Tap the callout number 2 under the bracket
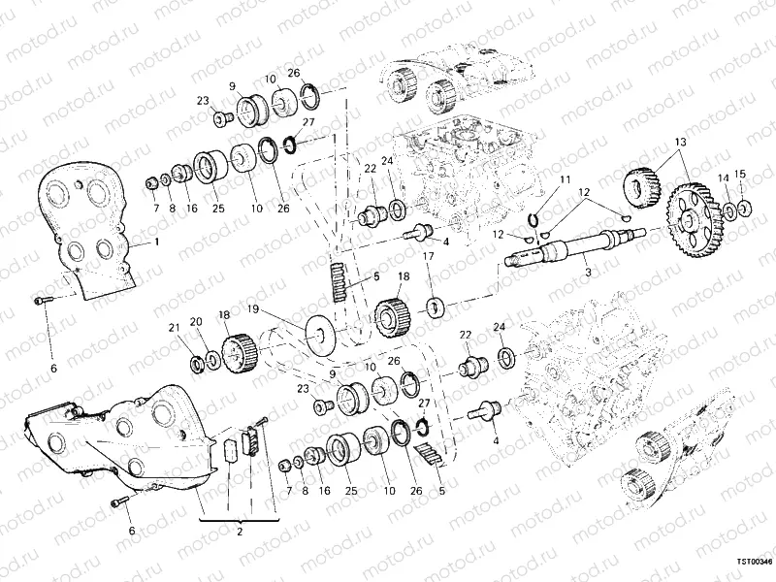click(x=240, y=533)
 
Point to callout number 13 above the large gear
click(x=680, y=143)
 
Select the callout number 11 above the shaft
click(x=566, y=180)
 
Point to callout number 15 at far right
click(x=740, y=175)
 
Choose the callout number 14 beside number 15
click(x=723, y=177)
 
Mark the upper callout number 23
click(x=204, y=100)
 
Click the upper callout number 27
click(x=309, y=123)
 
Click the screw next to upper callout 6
click(x=40, y=302)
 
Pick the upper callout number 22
click(x=370, y=169)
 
